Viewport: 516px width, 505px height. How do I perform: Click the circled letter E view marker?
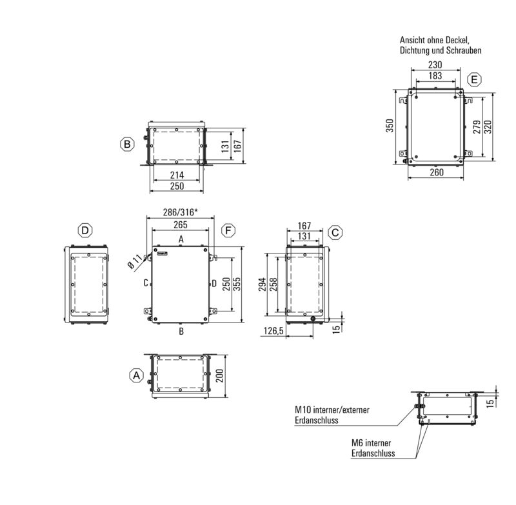475,80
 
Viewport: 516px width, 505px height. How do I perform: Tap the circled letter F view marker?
228,231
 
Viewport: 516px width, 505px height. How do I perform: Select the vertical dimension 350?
390,126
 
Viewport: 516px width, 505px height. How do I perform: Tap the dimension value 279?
476,127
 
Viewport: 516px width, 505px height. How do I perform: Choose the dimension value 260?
436,173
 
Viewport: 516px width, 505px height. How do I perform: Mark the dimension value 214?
177,175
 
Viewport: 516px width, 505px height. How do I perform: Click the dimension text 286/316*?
181,213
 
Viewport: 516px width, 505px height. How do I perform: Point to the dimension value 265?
181,224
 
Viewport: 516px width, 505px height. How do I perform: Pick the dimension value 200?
220,377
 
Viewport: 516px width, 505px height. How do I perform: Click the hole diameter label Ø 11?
134,260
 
